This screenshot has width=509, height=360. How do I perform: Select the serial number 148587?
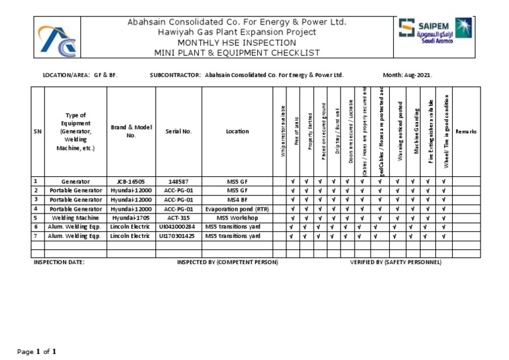click(178, 181)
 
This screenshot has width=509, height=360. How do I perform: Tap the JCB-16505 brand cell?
click(131, 181)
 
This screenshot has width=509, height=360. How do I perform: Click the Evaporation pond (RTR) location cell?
click(237, 208)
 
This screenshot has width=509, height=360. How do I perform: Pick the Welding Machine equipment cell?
click(75, 217)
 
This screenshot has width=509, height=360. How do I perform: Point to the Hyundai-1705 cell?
click(131, 217)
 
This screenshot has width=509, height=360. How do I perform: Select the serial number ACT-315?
click(178, 217)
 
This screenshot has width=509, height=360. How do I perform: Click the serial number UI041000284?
click(178, 227)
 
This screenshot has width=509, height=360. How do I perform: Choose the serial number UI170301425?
click(178, 235)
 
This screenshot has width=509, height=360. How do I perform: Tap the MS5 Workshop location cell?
click(237, 217)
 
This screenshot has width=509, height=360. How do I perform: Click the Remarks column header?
click(466, 132)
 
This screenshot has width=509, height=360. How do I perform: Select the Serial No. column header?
click(178, 132)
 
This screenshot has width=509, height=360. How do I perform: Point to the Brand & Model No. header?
click(131, 131)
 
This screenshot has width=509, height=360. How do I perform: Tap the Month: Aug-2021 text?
click(407, 76)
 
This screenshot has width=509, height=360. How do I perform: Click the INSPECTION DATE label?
click(59, 263)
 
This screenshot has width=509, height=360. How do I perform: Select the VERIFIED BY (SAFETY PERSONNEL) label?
click(395, 263)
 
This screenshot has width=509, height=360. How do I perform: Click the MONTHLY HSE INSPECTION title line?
click(237, 42)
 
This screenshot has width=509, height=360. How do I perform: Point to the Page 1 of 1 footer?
click(36, 351)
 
